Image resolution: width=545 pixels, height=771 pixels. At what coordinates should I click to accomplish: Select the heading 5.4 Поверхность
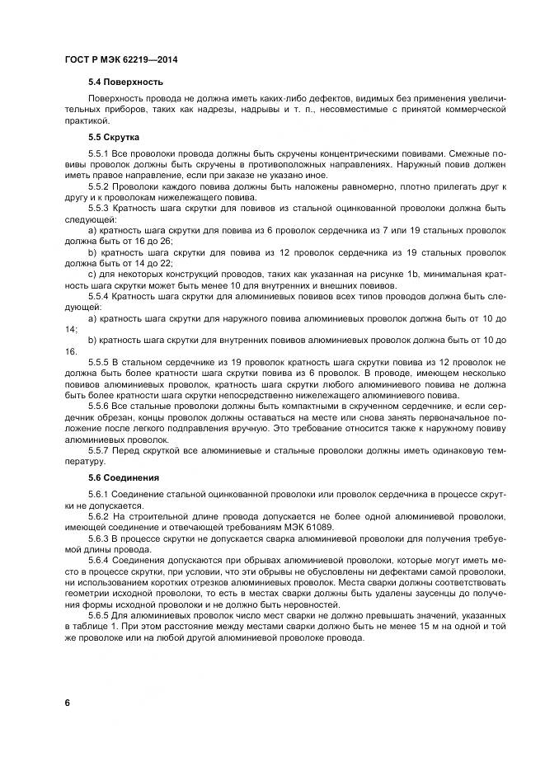[125, 82]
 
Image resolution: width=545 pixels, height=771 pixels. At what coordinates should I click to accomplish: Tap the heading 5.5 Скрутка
[114, 137]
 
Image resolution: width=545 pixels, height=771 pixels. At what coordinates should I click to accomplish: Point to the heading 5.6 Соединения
[123, 478]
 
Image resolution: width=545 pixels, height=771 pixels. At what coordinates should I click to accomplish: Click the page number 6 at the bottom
[67, 703]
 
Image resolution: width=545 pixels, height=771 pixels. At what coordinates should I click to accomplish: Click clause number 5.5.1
[98, 153]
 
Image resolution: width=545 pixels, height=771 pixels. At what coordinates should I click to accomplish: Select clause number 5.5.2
[98, 188]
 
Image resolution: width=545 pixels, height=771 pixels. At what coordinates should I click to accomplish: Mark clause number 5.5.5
[98, 362]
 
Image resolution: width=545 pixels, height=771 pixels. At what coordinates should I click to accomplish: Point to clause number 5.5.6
[98, 407]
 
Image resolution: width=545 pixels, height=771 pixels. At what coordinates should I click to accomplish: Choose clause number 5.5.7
[98, 453]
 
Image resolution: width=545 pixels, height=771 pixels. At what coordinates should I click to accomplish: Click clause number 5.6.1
[98, 494]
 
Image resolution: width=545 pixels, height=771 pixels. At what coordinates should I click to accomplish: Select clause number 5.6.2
[98, 516]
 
